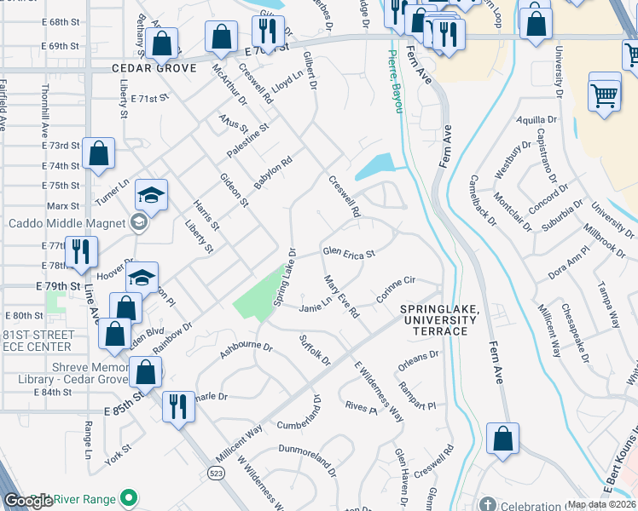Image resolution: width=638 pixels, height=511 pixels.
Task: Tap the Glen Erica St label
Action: coord(348,252)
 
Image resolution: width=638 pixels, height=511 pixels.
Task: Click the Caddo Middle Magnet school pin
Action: coord(138,224)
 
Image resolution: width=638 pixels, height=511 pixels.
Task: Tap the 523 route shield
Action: coord(219,471)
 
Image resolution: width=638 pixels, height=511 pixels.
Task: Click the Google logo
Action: coord(28,500)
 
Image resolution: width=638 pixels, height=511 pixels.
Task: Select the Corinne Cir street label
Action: coord(395,291)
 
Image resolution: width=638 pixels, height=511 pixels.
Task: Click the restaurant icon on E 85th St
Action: coord(177,405)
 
